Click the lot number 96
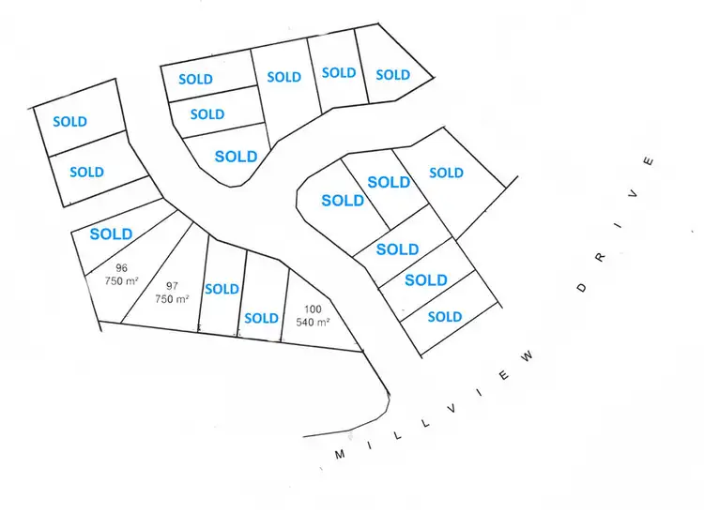click(x=121, y=267)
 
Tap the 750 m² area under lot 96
click(x=121, y=280)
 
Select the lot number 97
click(x=172, y=286)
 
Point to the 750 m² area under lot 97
click(x=172, y=299)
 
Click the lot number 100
click(x=313, y=309)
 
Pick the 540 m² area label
click(x=313, y=322)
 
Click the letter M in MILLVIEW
click(x=340, y=454)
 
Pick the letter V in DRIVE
click(x=635, y=194)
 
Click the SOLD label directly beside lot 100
click(x=261, y=318)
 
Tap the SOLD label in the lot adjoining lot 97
click(x=222, y=289)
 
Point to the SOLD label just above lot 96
click(x=111, y=234)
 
